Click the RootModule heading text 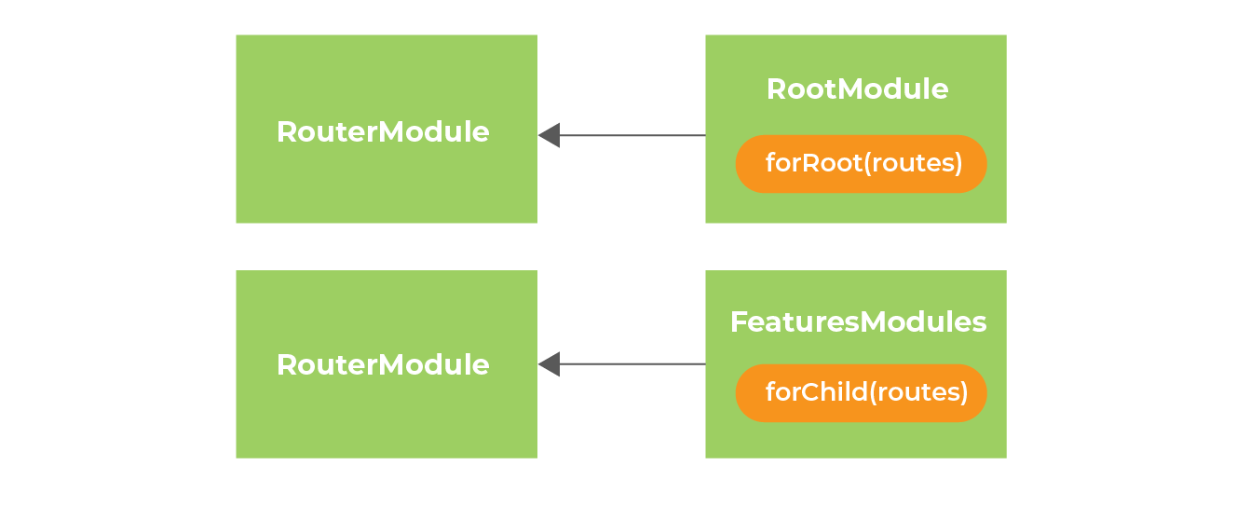[857, 89]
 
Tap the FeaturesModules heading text [858, 322]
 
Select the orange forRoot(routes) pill [861, 164]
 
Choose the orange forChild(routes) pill [861, 392]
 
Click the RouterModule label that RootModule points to [383, 132]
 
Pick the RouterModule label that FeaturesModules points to [383, 364]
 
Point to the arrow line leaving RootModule [633, 136]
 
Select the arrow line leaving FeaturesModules [633, 364]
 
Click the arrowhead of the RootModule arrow [550, 136]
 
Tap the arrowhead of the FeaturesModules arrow [550, 364]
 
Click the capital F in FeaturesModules [738, 322]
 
